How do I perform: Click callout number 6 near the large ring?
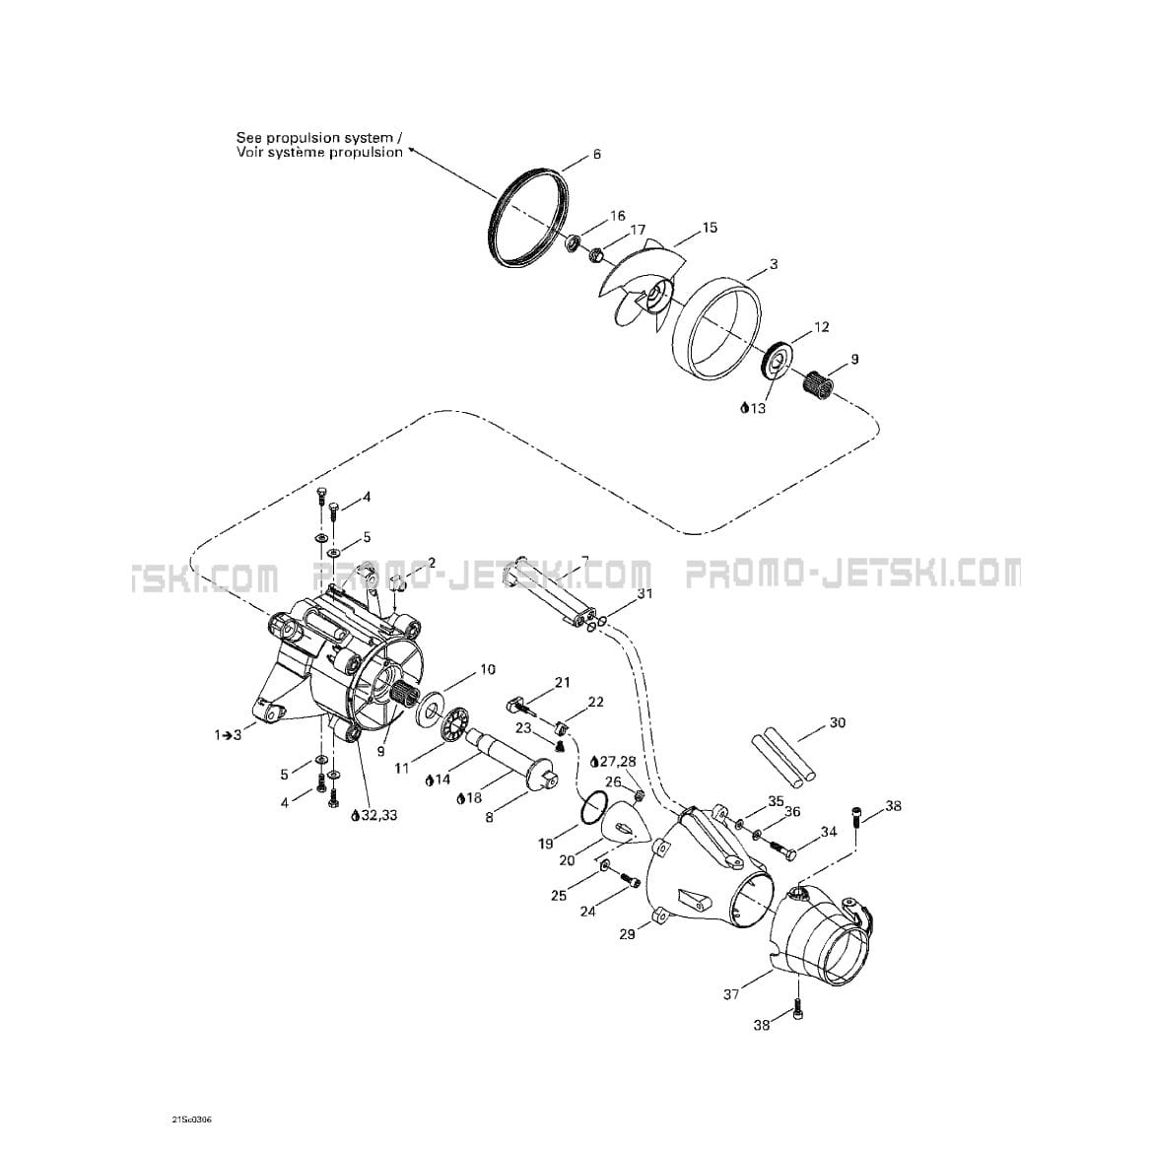pyautogui.click(x=596, y=155)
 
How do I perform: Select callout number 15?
pyautogui.click(x=709, y=228)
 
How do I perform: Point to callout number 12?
pyautogui.click(x=821, y=326)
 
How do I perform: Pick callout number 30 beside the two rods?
pyautogui.click(x=838, y=722)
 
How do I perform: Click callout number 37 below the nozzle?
pyautogui.click(x=731, y=994)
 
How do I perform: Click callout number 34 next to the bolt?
pyautogui.click(x=829, y=833)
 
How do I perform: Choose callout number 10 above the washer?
pyautogui.click(x=488, y=670)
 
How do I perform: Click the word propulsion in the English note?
pyautogui.click(x=367, y=138)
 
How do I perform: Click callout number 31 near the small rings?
pyautogui.click(x=644, y=592)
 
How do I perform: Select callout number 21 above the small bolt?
pyautogui.click(x=562, y=683)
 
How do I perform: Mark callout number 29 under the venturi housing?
pyautogui.click(x=627, y=934)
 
